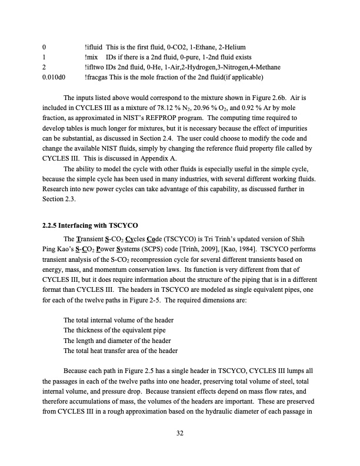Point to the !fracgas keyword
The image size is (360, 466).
coord(96,76)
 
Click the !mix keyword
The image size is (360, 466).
coord(92,56)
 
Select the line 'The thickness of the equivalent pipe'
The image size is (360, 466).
coord(118,329)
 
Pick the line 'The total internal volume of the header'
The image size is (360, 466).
coord(122,319)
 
